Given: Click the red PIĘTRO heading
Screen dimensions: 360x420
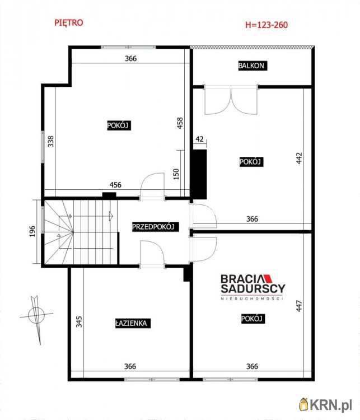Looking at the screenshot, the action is pos(69,23).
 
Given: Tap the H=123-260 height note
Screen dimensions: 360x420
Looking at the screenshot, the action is pos(267,25).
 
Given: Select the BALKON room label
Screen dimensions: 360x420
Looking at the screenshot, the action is pos(251,66).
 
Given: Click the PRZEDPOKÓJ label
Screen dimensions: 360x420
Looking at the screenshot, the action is pos(153,227).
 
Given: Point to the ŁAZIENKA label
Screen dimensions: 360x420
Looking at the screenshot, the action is pos(131,323).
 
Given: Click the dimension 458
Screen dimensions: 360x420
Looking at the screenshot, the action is pos(180,123).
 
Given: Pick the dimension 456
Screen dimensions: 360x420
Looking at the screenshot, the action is pos(115,185).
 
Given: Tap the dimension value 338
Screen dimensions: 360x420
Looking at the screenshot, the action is pos(50,142).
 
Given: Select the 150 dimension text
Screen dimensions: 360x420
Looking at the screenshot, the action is pos(176,174).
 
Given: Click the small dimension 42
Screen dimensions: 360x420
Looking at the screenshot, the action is pos(199,139).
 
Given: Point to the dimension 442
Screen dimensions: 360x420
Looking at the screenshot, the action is pos(299,158).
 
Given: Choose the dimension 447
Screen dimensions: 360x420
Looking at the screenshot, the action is pos(299,306).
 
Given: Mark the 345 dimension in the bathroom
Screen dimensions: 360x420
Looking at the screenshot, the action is pos(79,321).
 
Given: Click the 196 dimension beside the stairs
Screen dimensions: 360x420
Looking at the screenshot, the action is pos(32,231).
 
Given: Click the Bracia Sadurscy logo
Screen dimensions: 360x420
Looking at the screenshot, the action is pos(253,287).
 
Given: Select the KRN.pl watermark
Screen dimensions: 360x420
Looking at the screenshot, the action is pos(326,404).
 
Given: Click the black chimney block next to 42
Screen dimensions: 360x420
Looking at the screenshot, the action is pos(199,174).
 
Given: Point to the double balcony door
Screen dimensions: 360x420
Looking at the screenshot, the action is pos(231,100).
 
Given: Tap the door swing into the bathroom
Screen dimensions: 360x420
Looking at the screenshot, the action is pos(152,254).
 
